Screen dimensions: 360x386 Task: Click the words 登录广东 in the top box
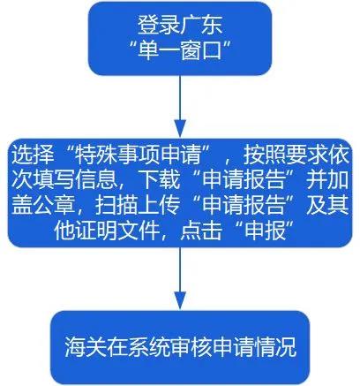click(x=180, y=25)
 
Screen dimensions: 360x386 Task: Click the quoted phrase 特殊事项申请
click(x=138, y=155)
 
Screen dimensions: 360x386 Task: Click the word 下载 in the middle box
click(x=160, y=179)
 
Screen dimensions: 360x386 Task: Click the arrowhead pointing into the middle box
click(x=180, y=128)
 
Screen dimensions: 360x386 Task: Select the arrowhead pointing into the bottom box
click(x=180, y=300)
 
